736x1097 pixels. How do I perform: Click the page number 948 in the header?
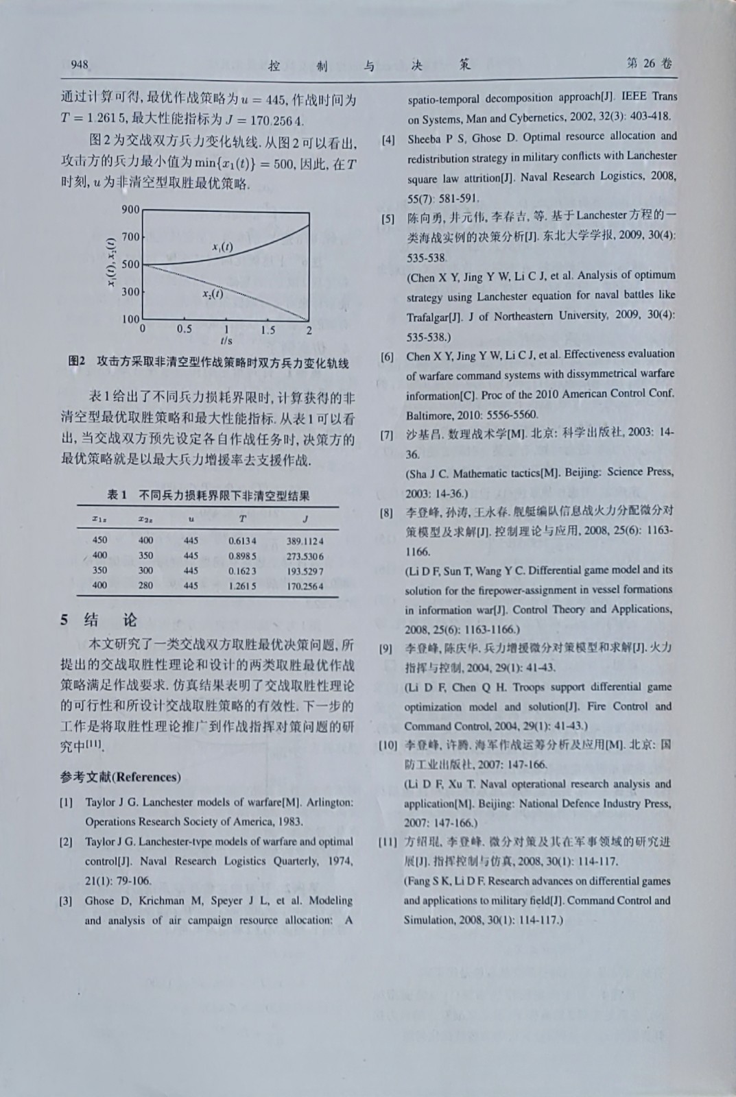pos(80,65)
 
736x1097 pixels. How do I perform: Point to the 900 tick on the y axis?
pos(130,210)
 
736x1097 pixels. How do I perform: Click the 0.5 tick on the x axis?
pos(185,329)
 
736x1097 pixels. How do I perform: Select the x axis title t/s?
pos(226,340)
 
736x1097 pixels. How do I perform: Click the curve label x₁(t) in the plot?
pos(222,247)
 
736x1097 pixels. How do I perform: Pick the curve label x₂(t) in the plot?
pos(212,293)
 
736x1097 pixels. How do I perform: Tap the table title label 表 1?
pos(117,495)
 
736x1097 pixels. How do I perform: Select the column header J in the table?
pos(305,519)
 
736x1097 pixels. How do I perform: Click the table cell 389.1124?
pos(305,541)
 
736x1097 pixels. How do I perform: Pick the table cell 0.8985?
pos(242,556)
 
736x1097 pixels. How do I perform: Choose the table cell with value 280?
pos(145,586)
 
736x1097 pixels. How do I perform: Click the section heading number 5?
pos(64,620)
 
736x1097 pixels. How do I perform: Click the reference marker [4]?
pos(388,140)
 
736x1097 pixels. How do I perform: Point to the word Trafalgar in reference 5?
pos(427,317)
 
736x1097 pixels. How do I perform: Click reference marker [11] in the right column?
pos(388,842)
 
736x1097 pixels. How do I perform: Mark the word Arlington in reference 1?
pos(329,801)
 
